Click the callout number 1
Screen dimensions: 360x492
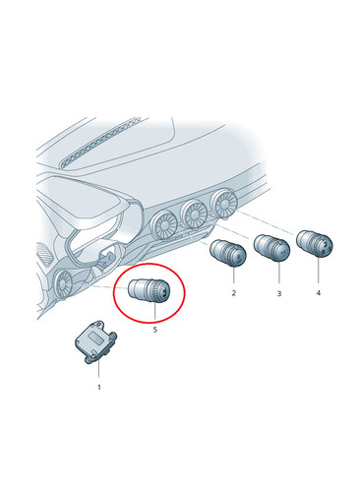[x=99, y=388]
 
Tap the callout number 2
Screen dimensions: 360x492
[x=233, y=293]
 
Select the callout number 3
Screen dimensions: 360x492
[x=279, y=293]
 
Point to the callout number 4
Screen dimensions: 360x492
[x=318, y=292]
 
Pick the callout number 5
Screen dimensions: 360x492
[x=155, y=330]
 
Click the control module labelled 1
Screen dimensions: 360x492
[x=95, y=341]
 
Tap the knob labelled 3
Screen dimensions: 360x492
[x=272, y=249]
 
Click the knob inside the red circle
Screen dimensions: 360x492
[x=150, y=290]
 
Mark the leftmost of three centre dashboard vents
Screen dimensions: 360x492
[x=164, y=225]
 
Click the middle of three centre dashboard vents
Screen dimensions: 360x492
[x=194, y=215]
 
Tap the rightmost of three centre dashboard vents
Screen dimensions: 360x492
[x=224, y=204]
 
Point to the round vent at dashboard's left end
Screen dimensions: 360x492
[x=62, y=283]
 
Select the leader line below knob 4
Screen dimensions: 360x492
[x=318, y=272]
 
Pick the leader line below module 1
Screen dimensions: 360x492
[x=98, y=371]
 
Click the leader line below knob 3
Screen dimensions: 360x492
[x=279, y=274]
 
